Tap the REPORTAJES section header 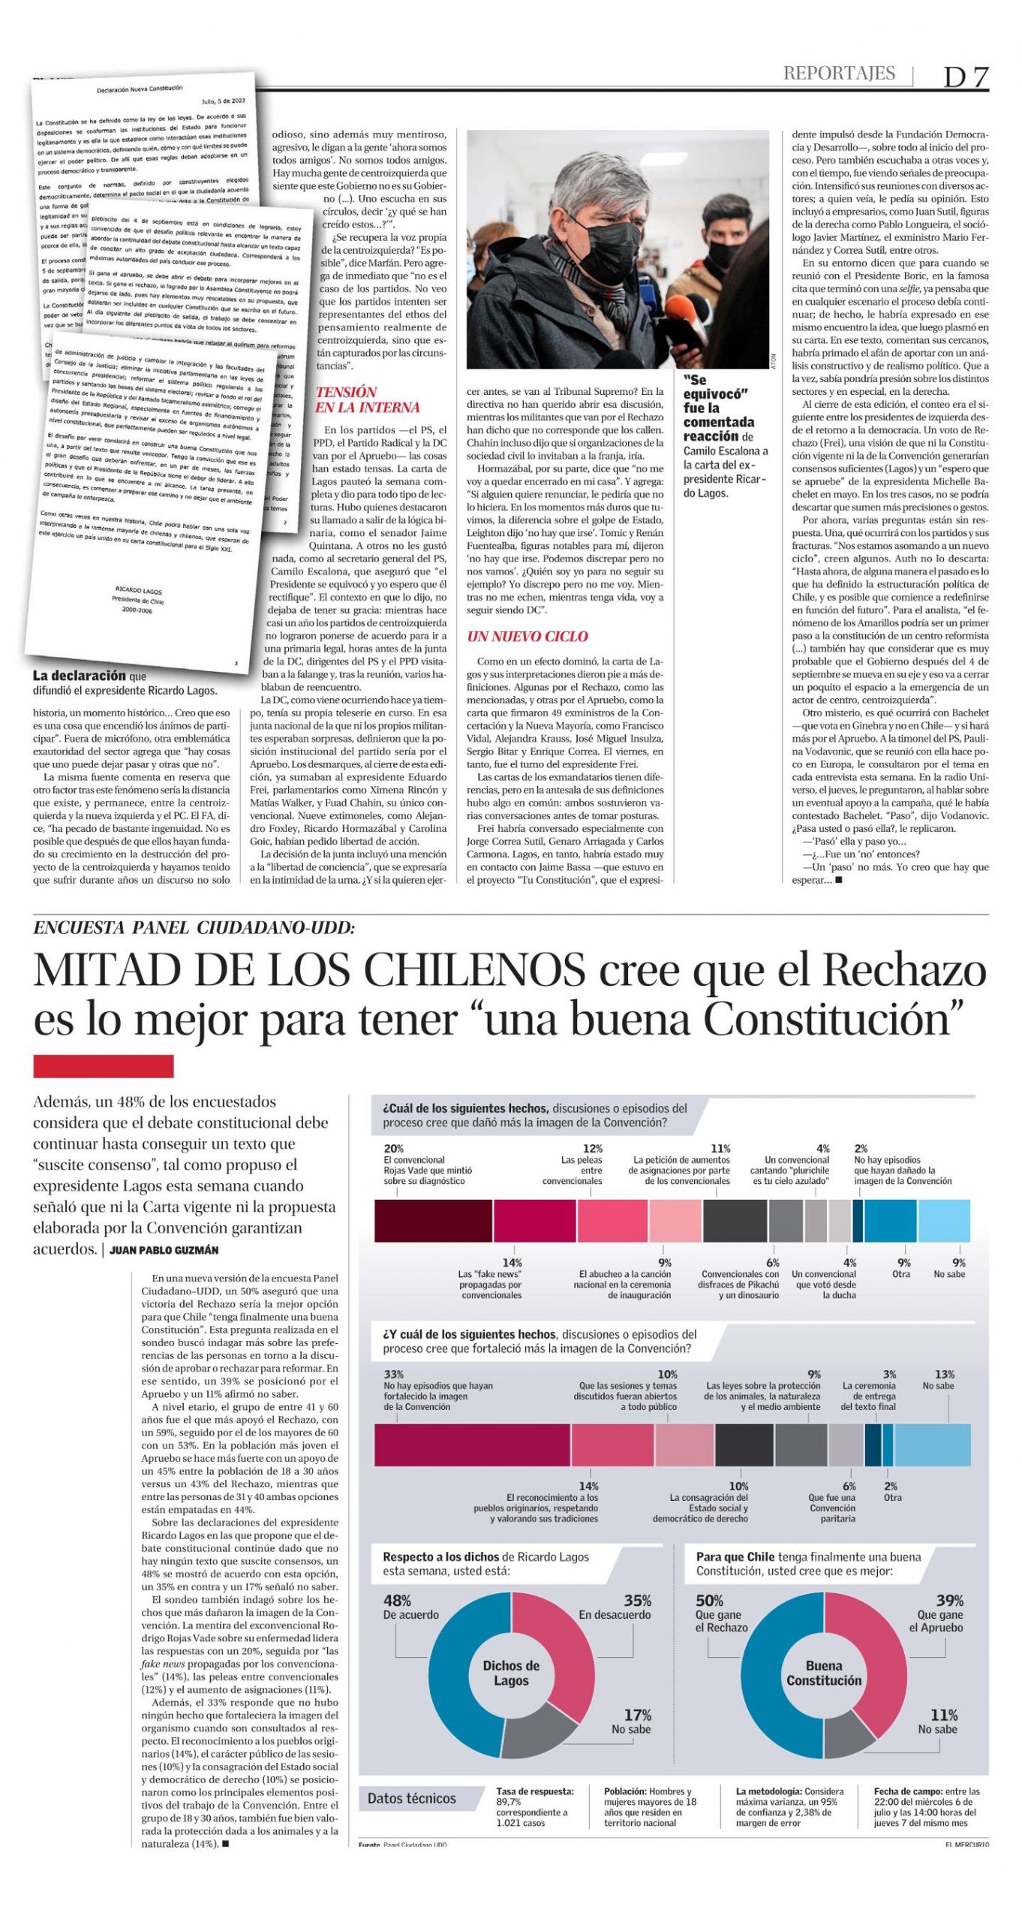pyautogui.click(x=839, y=74)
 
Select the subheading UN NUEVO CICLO pyautogui.click(x=528, y=637)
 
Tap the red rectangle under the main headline pyautogui.click(x=104, y=1066)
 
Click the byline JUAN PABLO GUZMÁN pyautogui.click(x=164, y=1250)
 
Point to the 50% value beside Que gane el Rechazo pyautogui.click(x=709, y=1601)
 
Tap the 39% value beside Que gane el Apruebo pyautogui.click(x=949, y=1601)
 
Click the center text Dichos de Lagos pyautogui.click(x=511, y=1673)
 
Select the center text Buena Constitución pyautogui.click(x=823, y=1673)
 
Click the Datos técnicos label pyautogui.click(x=411, y=1798)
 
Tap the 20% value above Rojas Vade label pyautogui.click(x=393, y=1149)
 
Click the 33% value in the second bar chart pyautogui.click(x=393, y=1375)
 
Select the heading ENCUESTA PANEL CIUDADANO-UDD pyautogui.click(x=194, y=928)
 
